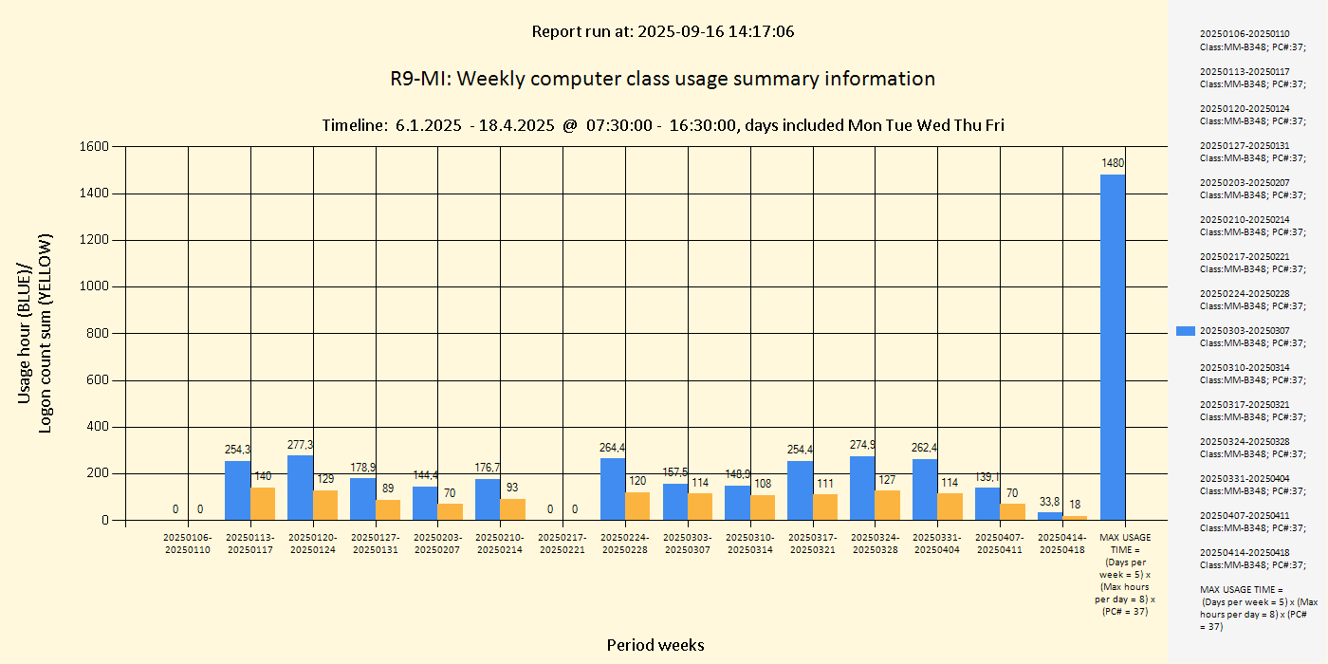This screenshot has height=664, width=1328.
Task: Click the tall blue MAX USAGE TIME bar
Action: click(1113, 347)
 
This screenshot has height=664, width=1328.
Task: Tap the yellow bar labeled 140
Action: click(263, 504)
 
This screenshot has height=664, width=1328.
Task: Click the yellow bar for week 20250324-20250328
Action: click(887, 505)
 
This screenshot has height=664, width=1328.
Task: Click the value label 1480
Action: click(1113, 163)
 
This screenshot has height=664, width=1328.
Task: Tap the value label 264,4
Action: click(613, 448)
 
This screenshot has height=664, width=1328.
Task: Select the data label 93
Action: click(512, 488)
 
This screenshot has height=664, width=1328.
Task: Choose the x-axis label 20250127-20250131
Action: click(376, 544)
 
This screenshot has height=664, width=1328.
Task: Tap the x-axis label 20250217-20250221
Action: click(563, 544)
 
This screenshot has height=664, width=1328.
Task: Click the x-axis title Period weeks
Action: click(655, 645)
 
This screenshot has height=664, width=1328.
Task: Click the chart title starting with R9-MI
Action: click(662, 79)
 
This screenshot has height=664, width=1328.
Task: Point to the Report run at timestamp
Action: click(662, 31)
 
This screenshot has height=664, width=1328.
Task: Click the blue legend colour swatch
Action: click(1185, 331)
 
